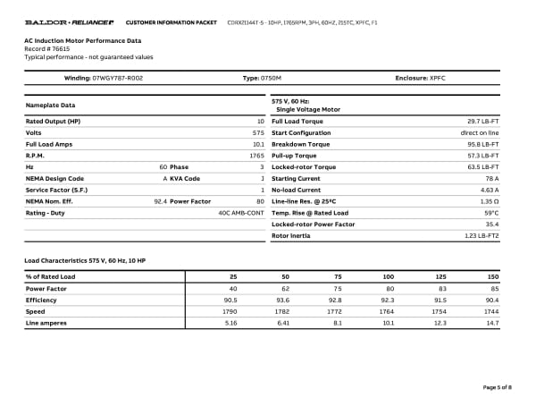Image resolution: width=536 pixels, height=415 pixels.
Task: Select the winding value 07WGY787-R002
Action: tap(118, 79)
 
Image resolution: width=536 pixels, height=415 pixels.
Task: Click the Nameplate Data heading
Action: tap(49, 106)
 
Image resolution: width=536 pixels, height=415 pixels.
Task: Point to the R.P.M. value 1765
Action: tap(256, 155)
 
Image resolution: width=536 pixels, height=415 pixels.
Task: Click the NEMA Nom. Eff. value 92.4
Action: tap(160, 201)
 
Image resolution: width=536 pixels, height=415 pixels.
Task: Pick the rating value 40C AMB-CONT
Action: tap(241, 213)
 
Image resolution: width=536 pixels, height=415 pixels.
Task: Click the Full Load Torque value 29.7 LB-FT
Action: tap(482, 120)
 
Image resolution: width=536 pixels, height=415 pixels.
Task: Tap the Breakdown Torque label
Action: tap(300, 143)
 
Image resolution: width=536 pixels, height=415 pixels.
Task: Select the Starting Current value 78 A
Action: tap(490, 178)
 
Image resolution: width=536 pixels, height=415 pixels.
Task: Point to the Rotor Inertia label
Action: tap(291, 236)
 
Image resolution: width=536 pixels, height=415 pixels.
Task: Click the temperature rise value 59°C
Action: tap(491, 213)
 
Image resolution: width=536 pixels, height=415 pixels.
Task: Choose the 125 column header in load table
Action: tap(440, 276)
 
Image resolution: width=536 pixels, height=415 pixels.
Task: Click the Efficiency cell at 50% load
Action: tap(284, 300)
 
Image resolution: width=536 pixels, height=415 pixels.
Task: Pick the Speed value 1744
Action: tap(490, 310)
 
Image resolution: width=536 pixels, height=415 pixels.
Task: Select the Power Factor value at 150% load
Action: tap(493, 288)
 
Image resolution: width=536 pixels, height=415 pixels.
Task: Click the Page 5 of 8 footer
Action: tap(497, 386)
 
